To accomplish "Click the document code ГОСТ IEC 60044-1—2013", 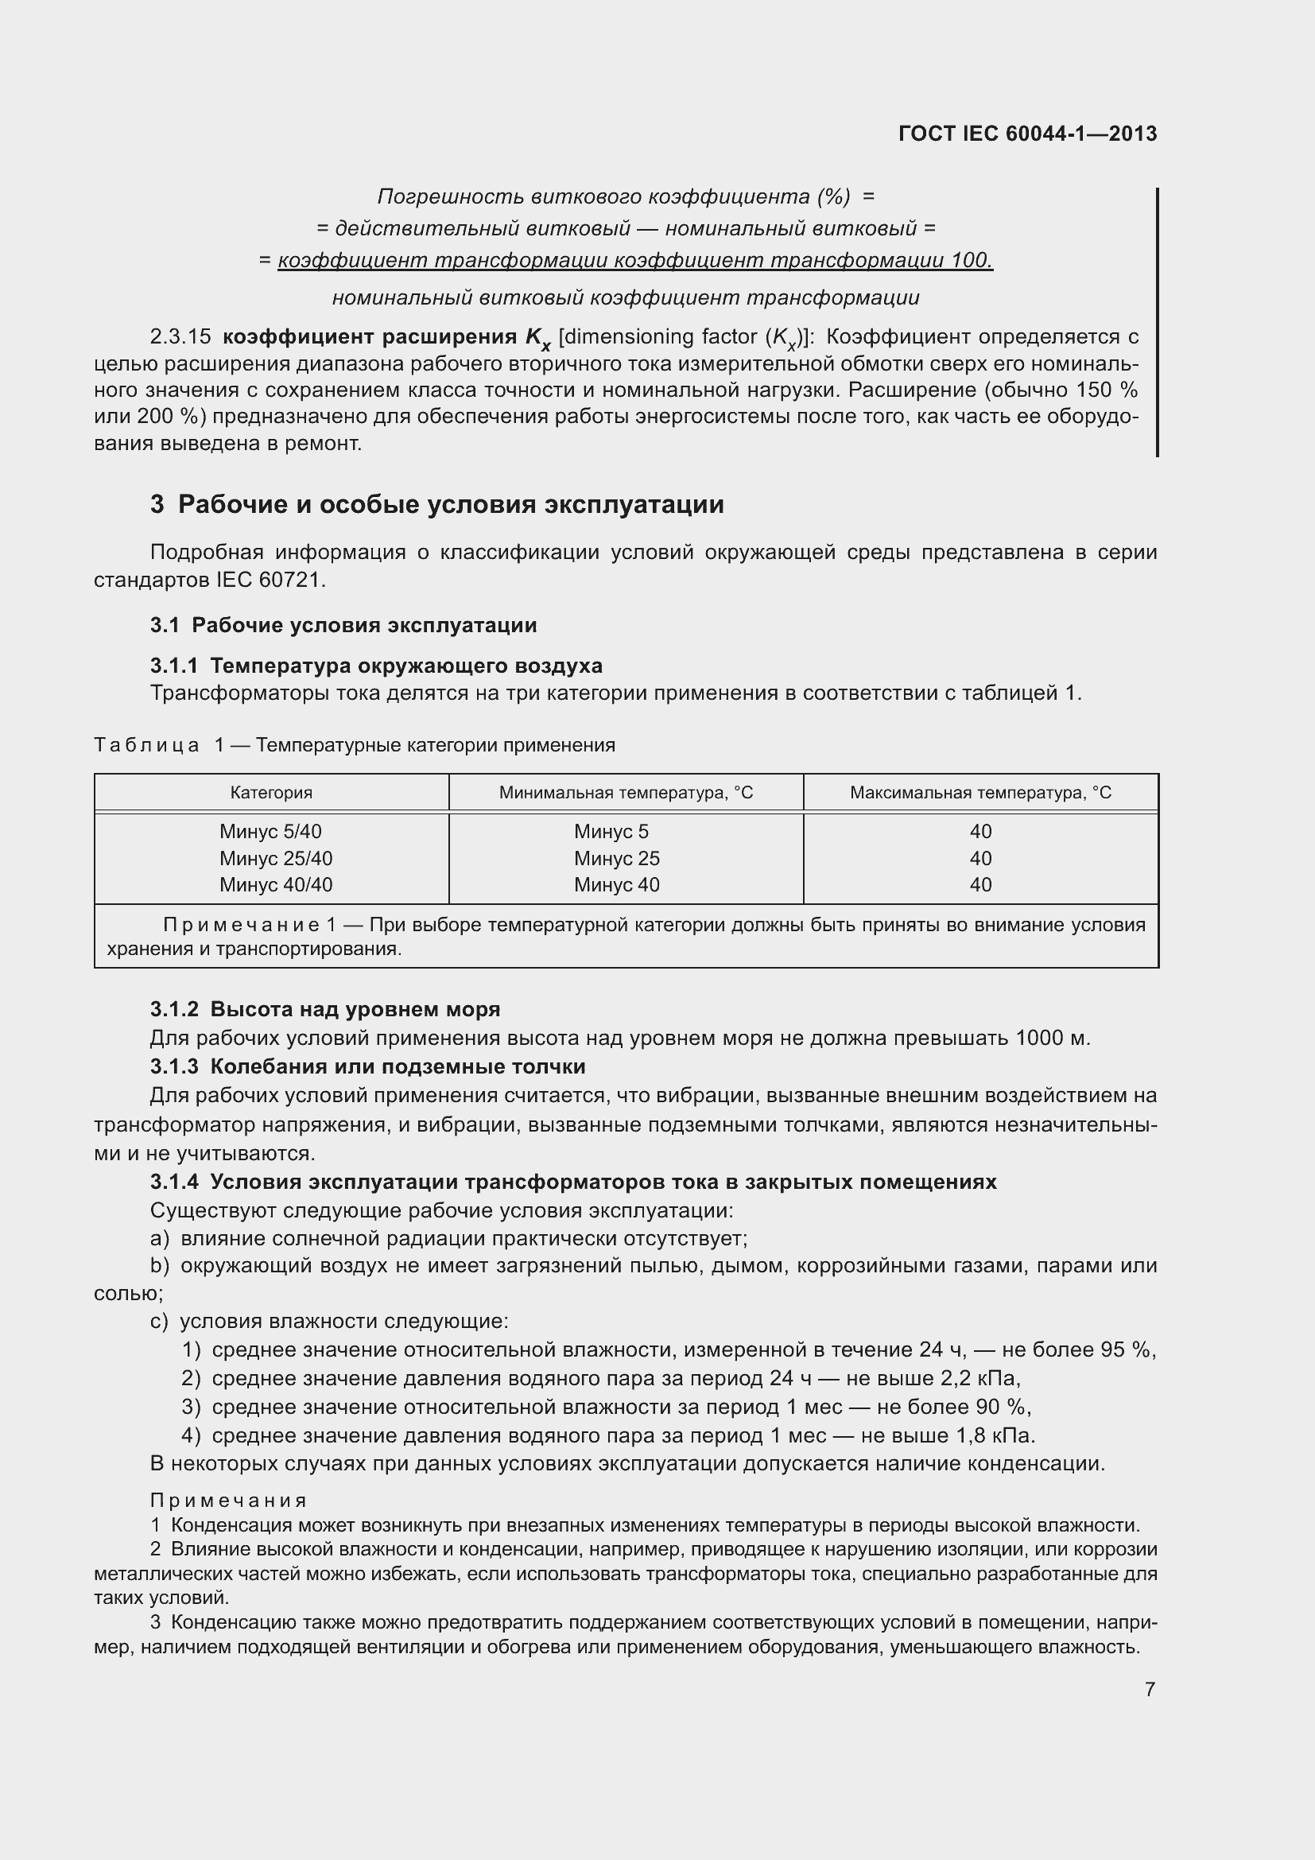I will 1026,134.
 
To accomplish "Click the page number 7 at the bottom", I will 1150,1689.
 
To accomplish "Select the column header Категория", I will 271,792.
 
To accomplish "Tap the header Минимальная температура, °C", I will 626,792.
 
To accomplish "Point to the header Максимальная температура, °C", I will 979,792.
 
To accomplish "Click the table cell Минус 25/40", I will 275,858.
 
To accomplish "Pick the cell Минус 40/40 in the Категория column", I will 275,884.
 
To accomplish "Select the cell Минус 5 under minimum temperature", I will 611,831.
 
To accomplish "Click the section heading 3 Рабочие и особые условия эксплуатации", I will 437,505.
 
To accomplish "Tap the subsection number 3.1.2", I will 174,1009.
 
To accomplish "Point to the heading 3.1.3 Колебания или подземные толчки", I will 367,1066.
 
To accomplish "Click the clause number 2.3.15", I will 180,336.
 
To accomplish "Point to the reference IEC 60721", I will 270,580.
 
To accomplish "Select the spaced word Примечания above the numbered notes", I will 228,1501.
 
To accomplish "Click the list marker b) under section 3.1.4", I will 160,1265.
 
